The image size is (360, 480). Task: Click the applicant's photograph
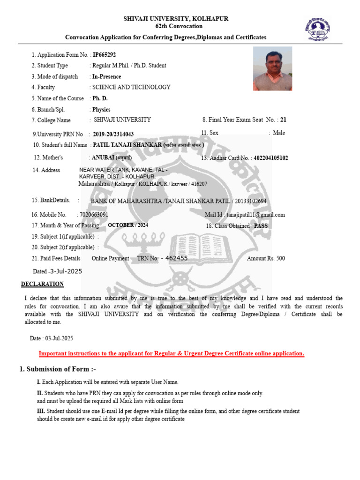(x=272, y=68)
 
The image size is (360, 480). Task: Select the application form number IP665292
(x=104, y=55)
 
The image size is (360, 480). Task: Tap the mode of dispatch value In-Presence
(x=106, y=76)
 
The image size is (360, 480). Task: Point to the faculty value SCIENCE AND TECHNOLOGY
(x=131, y=87)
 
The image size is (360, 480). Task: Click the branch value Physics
(x=101, y=109)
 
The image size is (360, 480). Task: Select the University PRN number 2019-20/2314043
(x=113, y=134)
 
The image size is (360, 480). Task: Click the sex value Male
(x=278, y=133)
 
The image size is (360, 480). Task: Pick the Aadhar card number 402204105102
(x=271, y=158)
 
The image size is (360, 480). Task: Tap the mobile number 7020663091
(x=94, y=215)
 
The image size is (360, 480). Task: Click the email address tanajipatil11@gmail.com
(x=255, y=215)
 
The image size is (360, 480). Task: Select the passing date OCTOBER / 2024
(x=128, y=225)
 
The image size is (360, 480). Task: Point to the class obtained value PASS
(x=261, y=226)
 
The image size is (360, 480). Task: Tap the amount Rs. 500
(x=266, y=258)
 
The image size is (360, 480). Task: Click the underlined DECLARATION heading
(x=42, y=284)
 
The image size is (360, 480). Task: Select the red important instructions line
(x=171, y=353)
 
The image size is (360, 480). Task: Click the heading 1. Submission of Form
(x=58, y=369)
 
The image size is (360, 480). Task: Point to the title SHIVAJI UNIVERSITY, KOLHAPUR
(x=176, y=19)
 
